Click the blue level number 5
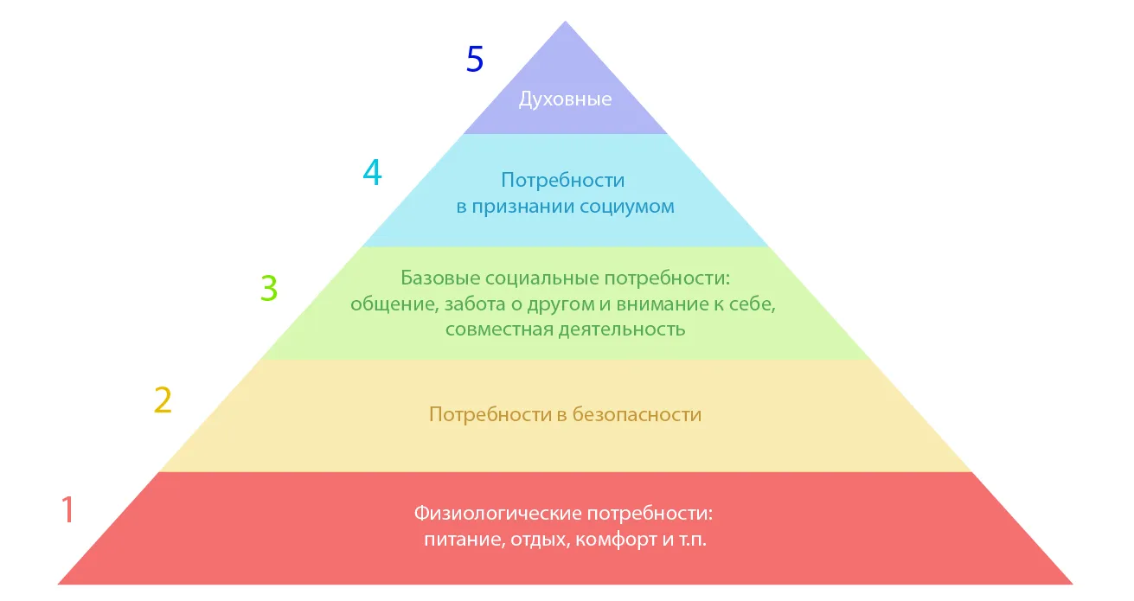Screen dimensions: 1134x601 [475, 59]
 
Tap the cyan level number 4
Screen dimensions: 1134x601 [372, 172]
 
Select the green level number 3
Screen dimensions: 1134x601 [269, 288]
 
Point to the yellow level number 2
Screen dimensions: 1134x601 [163, 400]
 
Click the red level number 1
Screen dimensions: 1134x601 [68, 509]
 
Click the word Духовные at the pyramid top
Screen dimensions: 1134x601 [565, 99]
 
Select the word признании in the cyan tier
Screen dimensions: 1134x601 [523, 207]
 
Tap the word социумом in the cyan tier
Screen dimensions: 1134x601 [627, 207]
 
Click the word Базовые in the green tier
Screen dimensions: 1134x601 [440, 278]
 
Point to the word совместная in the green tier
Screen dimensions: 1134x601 [499, 329]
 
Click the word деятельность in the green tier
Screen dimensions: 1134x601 [622, 329]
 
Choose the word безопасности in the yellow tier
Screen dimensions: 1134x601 [637, 415]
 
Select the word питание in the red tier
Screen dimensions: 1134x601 [464, 540]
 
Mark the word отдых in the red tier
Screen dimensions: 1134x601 [540, 540]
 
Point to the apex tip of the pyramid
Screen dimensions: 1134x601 [565, 22]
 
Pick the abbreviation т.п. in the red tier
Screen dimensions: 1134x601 [693, 540]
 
